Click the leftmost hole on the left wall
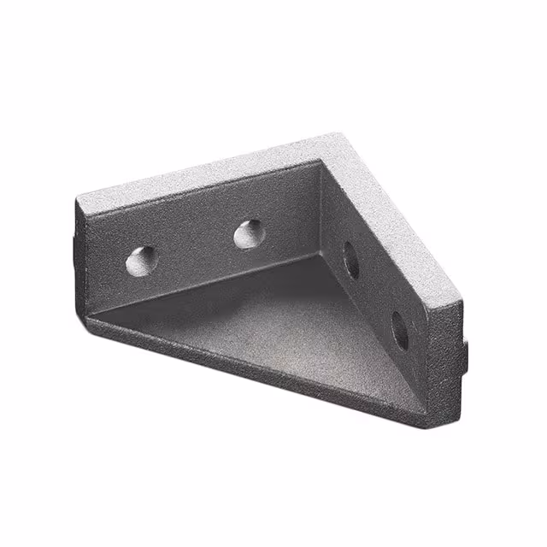coord(142,260)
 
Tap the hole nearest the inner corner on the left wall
coord(249,233)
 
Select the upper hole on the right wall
coord(350,260)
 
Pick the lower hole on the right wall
coord(399,330)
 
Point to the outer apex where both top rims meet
coord(336,138)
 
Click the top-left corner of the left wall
coord(79,201)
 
